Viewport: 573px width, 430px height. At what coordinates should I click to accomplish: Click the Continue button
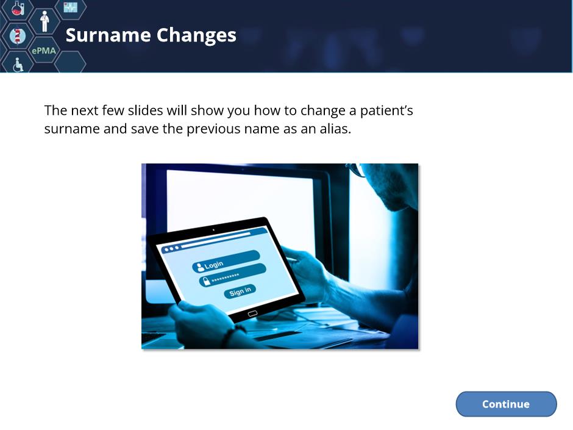point(506,404)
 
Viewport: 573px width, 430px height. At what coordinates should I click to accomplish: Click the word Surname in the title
point(108,35)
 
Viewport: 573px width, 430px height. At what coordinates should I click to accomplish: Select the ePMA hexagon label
point(44,51)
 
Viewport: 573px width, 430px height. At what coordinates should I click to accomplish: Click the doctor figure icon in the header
point(44,21)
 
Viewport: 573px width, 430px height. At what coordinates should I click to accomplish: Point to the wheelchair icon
point(18,65)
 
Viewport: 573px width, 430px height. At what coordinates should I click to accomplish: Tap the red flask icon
point(18,7)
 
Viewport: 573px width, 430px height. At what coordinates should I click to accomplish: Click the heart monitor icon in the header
point(71,7)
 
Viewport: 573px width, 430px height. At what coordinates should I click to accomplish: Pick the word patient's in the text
point(386,111)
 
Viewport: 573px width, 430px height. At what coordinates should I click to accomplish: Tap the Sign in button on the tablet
point(240,291)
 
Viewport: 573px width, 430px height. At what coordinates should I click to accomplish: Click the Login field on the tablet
point(226,261)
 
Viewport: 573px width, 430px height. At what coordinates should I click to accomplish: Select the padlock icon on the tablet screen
point(207,281)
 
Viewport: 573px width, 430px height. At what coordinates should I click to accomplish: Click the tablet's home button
point(252,314)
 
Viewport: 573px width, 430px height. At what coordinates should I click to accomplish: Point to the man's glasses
point(357,170)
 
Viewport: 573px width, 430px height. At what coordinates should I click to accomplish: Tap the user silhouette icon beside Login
point(200,267)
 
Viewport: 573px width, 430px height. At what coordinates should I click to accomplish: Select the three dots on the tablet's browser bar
point(171,249)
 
